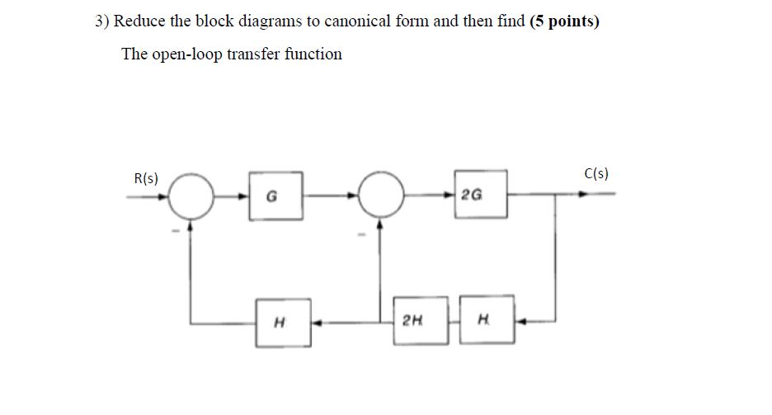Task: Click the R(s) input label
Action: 146,178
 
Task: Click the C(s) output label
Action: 595,173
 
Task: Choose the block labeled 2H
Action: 414,320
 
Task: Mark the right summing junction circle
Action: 380,196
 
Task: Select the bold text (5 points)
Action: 564,21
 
